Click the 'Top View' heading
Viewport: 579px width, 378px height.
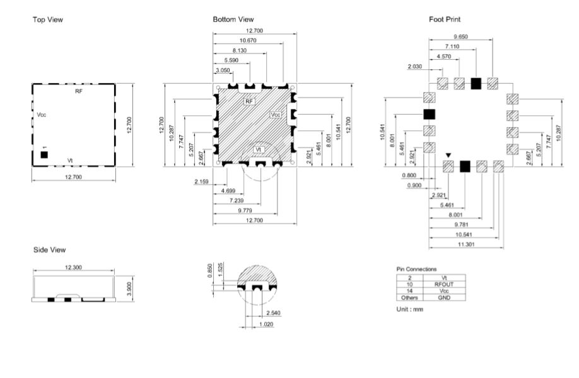coord(48,20)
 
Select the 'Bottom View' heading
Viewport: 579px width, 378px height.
coord(233,19)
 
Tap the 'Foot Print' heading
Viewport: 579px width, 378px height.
coord(445,19)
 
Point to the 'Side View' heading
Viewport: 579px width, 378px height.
coord(49,249)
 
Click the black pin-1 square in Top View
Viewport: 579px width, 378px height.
coord(44,155)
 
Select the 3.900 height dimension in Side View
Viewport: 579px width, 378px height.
coord(129,289)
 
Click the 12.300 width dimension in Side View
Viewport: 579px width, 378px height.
coord(73,267)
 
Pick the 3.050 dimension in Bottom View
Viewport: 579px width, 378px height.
coord(223,70)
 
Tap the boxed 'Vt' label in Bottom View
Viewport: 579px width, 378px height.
coord(259,150)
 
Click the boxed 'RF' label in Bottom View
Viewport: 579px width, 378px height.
coord(249,101)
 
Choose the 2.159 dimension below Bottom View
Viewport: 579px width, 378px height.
coord(201,181)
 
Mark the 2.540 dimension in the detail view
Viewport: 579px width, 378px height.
coord(273,312)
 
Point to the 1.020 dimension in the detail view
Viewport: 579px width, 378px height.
coord(266,324)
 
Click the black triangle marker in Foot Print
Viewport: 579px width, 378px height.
coord(448,156)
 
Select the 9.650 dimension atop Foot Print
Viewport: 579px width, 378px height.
coord(460,37)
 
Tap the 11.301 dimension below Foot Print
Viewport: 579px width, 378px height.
coord(466,244)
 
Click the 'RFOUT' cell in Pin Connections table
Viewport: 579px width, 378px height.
coord(444,284)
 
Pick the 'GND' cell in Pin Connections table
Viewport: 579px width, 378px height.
coord(444,297)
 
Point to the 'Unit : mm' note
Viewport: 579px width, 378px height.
coord(409,309)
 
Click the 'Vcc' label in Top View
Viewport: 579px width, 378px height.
coord(42,115)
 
